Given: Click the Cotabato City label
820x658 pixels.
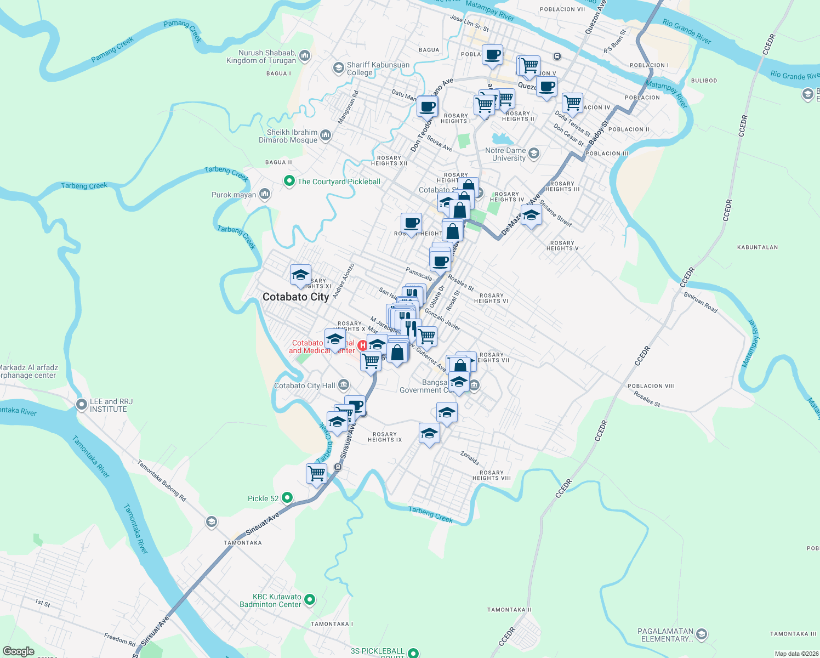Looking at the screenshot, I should point(295,297).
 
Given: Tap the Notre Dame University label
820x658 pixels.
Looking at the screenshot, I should point(505,154).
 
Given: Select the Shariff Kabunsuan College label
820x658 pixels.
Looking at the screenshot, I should point(378,69).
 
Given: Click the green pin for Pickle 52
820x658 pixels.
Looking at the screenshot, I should point(287,498).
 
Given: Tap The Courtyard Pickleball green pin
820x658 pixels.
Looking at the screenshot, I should point(289,181).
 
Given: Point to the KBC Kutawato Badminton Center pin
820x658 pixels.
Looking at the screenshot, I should point(310,600).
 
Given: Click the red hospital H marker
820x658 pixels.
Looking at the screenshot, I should point(362,345).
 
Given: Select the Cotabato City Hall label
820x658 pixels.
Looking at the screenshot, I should point(304,385).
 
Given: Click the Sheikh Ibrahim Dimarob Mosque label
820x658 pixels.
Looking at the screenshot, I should point(288,136).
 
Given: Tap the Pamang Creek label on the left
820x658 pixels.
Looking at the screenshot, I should point(112,49).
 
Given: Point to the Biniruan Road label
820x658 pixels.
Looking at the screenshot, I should point(701,302).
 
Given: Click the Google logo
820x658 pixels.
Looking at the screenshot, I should point(18,651).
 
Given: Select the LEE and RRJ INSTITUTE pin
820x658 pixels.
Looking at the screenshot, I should point(82,405).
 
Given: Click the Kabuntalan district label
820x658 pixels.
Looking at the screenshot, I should point(757,247).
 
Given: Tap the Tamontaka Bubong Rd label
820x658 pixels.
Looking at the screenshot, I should point(162,481).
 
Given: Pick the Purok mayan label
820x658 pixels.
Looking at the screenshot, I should point(234,195).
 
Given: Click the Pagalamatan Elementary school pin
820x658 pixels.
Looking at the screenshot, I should point(701,634).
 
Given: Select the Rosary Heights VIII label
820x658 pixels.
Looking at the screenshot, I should point(491,475).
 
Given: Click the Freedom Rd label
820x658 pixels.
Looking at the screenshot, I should point(119,639).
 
